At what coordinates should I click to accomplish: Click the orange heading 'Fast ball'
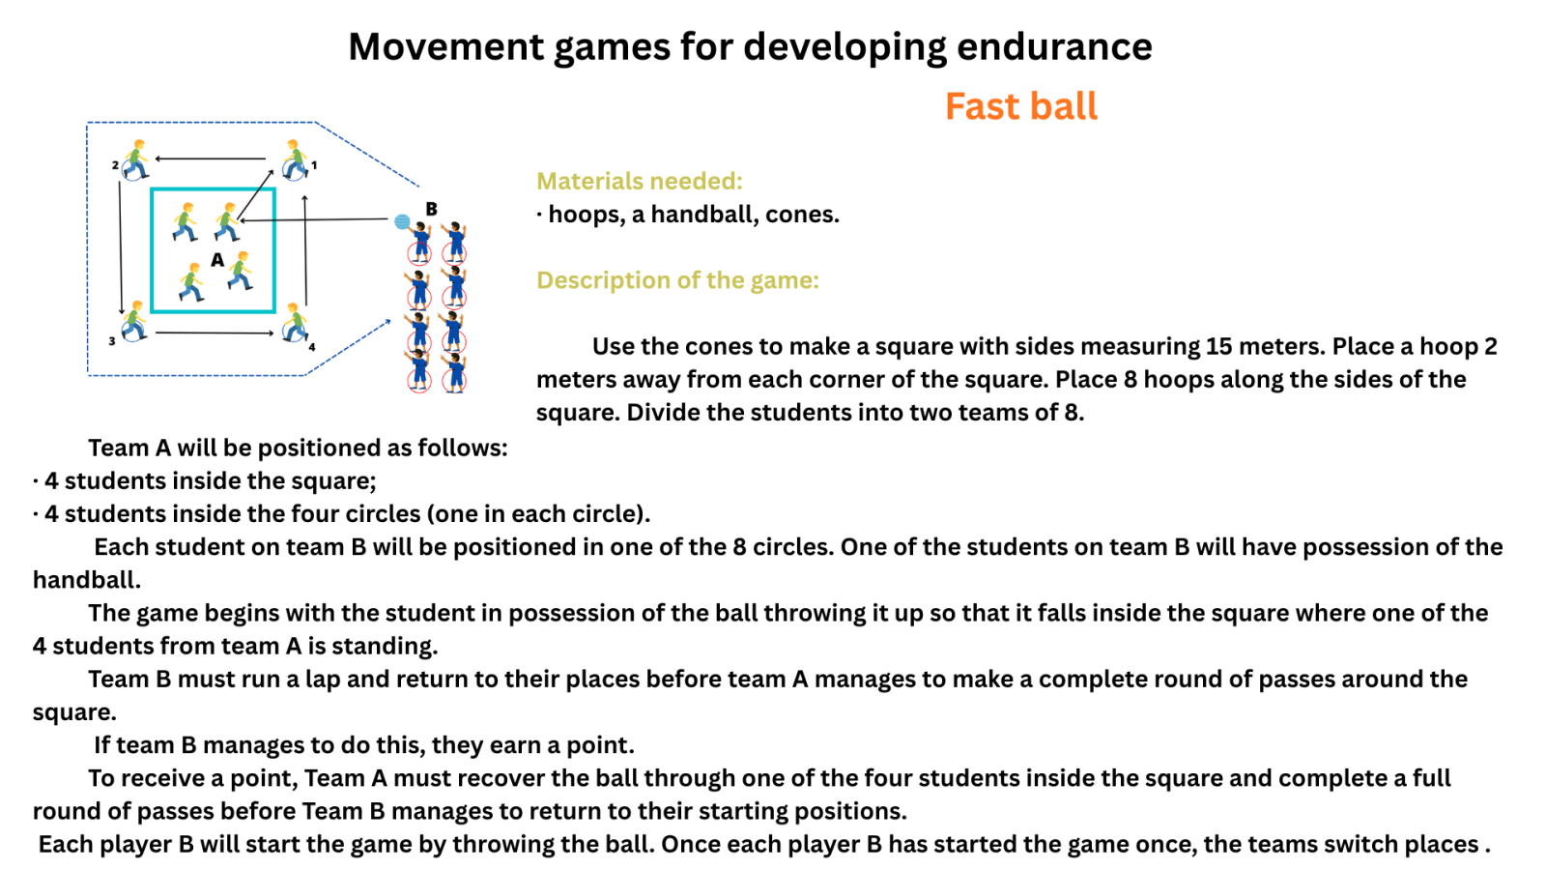click(1020, 106)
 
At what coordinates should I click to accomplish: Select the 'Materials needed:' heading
click(639, 181)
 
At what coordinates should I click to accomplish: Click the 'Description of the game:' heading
click(677, 280)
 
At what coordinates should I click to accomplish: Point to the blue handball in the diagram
click(402, 221)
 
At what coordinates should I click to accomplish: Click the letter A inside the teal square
click(217, 259)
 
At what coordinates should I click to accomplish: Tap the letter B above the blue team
click(431, 208)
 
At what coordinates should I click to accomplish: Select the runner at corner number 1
click(295, 159)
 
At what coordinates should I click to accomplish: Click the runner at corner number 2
click(136, 159)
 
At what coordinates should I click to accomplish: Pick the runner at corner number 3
click(134, 321)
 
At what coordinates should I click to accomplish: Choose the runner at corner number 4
click(295, 324)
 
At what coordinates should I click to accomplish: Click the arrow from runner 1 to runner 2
click(211, 159)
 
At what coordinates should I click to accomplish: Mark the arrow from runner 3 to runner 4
click(215, 333)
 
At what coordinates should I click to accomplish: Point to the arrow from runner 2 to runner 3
click(121, 246)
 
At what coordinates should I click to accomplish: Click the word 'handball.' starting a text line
click(87, 580)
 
